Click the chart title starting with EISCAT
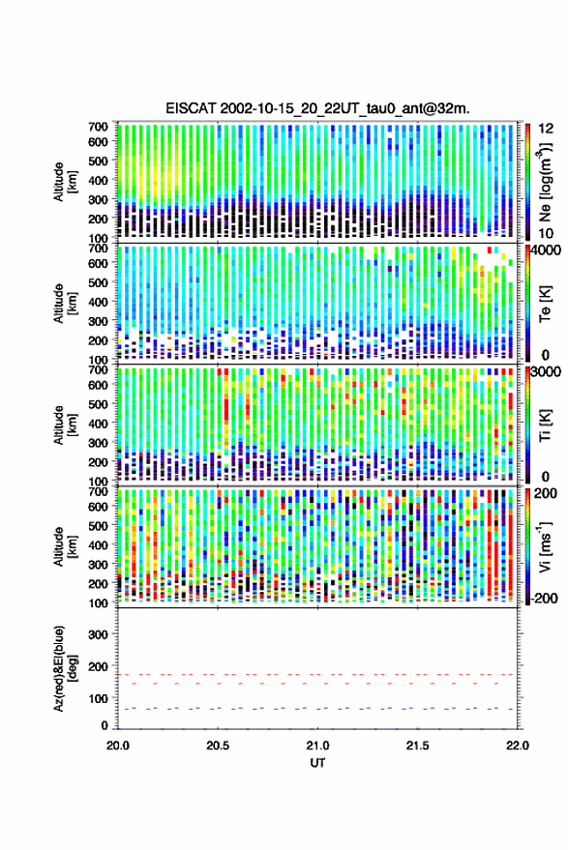pyautogui.click(x=318, y=108)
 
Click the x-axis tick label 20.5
pyautogui.click(x=218, y=746)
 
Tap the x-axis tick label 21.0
pyautogui.click(x=317, y=746)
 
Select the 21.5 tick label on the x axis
pyautogui.click(x=417, y=746)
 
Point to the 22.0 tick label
pyautogui.click(x=517, y=746)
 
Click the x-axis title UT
pyautogui.click(x=317, y=763)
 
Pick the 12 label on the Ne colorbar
pyautogui.click(x=546, y=129)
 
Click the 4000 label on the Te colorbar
pyautogui.click(x=546, y=250)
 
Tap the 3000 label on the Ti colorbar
pyautogui.click(x=546, y=372)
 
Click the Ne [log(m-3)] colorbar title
pyautogui.click(x=545, y=182)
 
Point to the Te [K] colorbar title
pyautogui.click(x=545, y=304)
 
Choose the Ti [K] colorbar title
pyautogui.click(x=545, y=425)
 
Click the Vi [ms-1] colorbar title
pyautogui.click(x=545, y=546)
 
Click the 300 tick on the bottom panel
pyautogui.click(x=98, y=634)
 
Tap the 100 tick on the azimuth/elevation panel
pyautogui.click(x=98, y=698)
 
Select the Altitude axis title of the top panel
pyautogui.click(x=65, y=182)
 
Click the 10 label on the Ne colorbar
pyautogui.click(x=546, y=234)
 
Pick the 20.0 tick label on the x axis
pyautogui.click(x=118, y=746)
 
